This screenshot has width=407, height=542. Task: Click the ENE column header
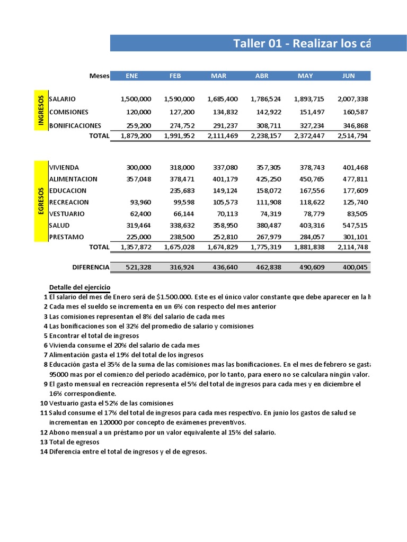point(131,76)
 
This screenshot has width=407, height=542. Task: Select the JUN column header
point(348,76)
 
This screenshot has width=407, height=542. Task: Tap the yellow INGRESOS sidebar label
point(41,111)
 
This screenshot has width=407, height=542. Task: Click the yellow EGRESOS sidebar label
point(41,202)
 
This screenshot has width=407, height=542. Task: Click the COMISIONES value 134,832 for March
point(225,112)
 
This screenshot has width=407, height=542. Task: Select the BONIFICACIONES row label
point(75,126)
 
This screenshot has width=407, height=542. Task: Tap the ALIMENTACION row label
point(73,179)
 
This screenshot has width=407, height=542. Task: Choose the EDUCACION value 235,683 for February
point(182,191)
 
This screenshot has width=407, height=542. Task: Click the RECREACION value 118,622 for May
point(313,202)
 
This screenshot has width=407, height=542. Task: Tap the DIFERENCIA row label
point(91,267)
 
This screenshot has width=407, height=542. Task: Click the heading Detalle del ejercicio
point(79,286)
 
